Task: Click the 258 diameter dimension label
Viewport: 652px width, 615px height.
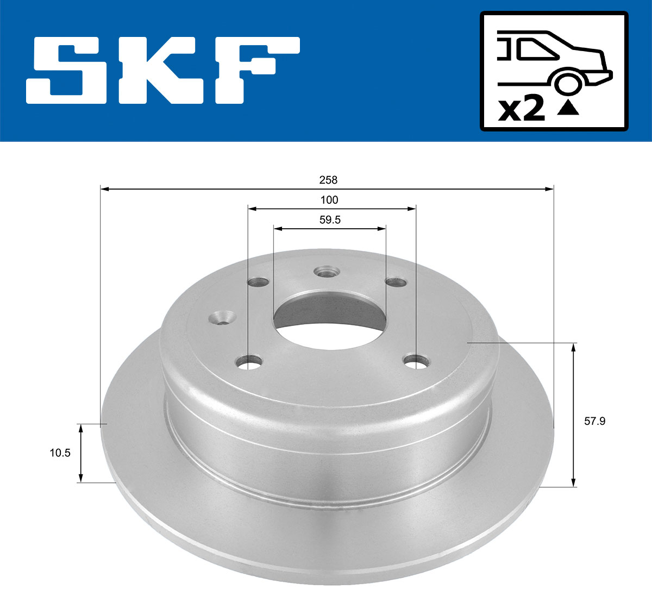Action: (329, 180)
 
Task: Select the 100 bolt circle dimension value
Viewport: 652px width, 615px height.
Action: (329, 200)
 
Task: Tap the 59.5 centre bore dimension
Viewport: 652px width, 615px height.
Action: (330, 220)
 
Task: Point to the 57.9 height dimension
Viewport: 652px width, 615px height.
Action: (594, 421)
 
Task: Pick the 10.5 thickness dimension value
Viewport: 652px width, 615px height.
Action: (60, 453)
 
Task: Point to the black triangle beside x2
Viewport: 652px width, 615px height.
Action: (568, 108)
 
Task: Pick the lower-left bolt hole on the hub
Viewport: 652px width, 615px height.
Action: (250, 361)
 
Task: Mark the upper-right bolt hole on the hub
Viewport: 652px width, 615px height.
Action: (396, 281)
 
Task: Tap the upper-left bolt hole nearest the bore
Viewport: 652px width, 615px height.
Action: (258, 282)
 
